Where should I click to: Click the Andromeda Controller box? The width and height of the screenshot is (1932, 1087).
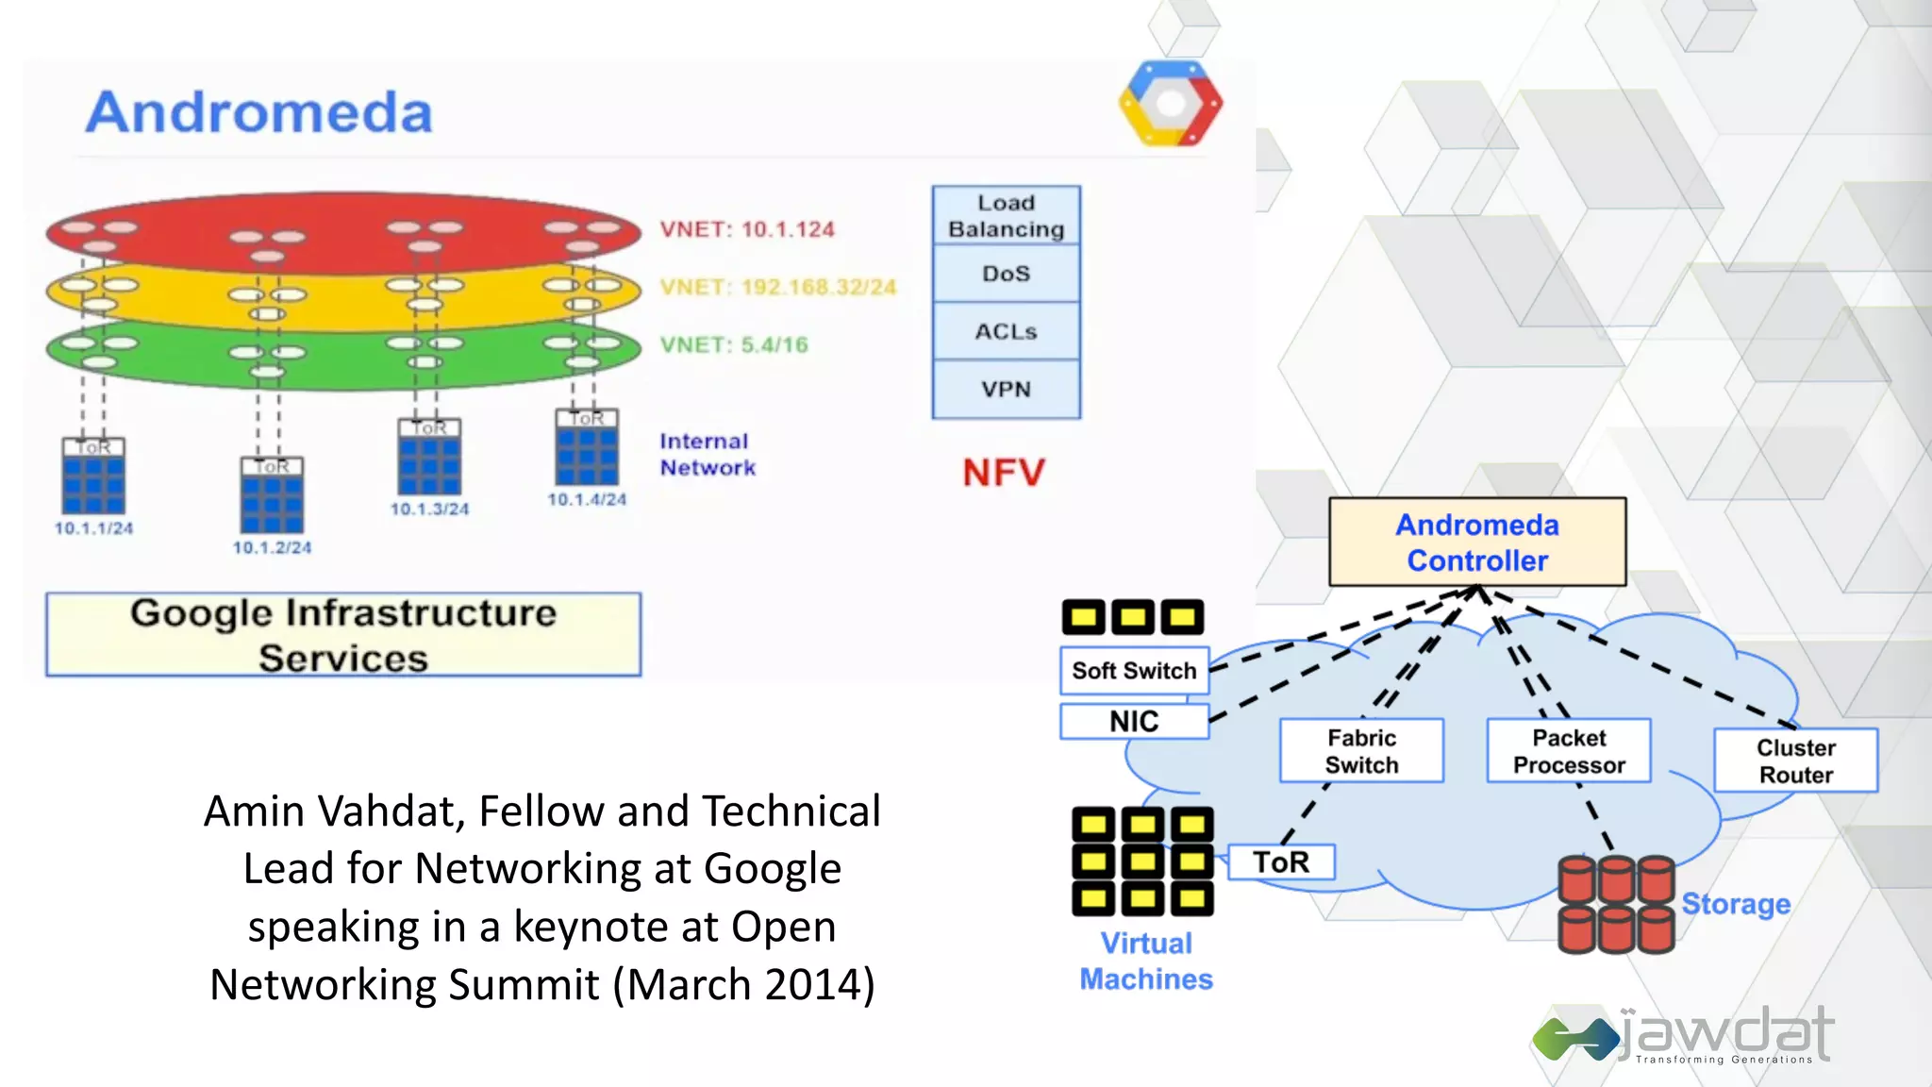tap(1477, 543)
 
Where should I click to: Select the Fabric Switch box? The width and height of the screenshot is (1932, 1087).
tap(1361, 751)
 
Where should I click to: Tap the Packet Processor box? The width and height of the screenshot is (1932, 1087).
tap(1569, 751)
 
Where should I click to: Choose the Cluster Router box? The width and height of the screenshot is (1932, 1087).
tap(1795, 761)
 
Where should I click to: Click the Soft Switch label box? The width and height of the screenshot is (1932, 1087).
tap(1134, 671)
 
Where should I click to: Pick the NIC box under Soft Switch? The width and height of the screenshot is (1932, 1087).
tap(1134, 722)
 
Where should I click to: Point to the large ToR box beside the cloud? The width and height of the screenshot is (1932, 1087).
tap(1281, 862)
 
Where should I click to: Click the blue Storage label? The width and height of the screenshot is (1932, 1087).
tap(1736, 904)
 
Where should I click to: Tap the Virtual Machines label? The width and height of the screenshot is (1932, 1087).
tap(1146, 961)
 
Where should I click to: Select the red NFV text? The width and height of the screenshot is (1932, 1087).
tap(1004, 473)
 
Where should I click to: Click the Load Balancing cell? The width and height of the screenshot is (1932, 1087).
tap(1006, 216)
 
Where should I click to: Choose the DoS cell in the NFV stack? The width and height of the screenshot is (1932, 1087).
tap(1006, 274)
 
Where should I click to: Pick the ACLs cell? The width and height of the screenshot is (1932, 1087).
tap(1006, 331)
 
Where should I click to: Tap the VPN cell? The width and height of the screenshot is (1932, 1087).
tap(1006, 389)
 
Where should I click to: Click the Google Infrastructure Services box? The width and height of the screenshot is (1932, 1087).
tap(343, 635)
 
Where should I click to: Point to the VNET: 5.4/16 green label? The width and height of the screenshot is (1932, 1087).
tap(734, 345)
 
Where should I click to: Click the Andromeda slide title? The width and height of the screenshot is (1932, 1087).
tap(259, 112)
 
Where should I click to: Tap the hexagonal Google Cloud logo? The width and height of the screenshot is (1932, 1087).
tap(1171, 103)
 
